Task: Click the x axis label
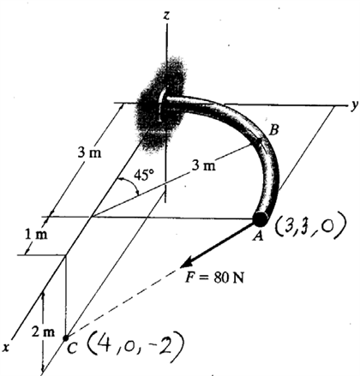coord(7,347)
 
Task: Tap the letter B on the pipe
coord(273,130)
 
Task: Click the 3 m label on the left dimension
coord(88,154)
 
